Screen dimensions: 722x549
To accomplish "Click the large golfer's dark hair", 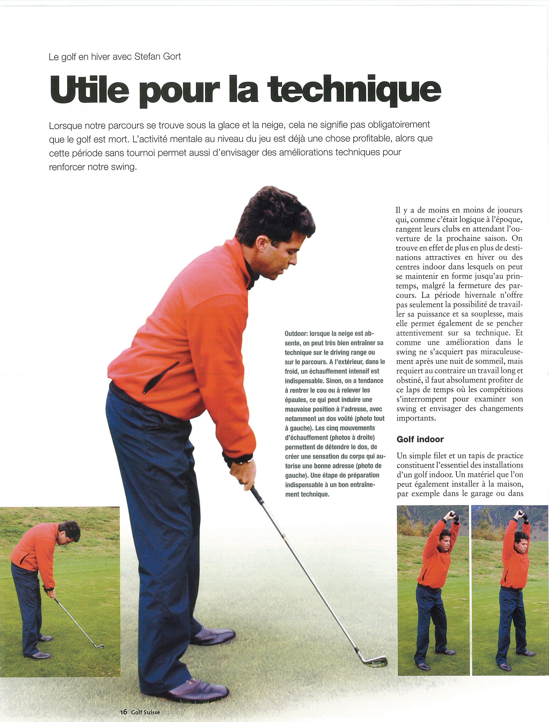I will pos(274,219).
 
